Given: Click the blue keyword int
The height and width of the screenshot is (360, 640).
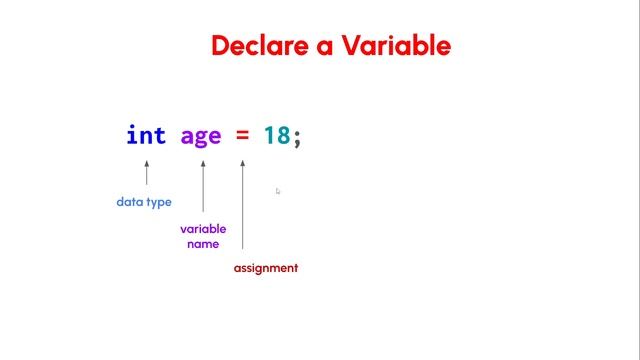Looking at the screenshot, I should pos(146,135).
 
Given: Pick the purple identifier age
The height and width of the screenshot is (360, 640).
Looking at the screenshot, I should pos(201,136).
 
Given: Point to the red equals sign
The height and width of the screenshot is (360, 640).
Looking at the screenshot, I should pos(243,135).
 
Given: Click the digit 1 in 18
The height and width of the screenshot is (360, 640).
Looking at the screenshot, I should pos(270,135).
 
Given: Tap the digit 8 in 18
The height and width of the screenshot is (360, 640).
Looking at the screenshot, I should pos(283,135).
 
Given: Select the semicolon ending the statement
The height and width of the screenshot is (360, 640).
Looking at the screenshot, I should pos(297,137).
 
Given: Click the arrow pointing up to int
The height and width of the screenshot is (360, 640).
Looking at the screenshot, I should pos(147,171).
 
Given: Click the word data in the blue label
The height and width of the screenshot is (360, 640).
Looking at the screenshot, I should pos(130,202).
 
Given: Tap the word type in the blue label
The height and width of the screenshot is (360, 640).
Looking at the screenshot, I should pos(159,203).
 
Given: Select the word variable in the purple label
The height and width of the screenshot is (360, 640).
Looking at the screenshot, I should pos(203,229).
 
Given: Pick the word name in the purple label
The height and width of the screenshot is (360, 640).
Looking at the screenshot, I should pos(203,244).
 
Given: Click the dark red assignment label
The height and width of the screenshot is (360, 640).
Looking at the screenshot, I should pos(266,268).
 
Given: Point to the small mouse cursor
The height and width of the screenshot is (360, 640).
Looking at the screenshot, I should pos(278,191).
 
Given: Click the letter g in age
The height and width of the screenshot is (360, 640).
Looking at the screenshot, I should pos(201,138).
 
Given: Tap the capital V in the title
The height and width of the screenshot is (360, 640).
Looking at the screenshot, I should pos(353,46).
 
